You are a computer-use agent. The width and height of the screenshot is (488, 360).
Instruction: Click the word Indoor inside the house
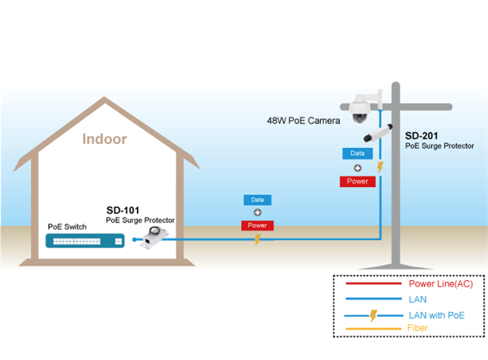105,138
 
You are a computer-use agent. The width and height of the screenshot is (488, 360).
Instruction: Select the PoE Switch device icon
85,240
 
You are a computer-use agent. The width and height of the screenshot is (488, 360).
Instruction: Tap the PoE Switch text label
66,226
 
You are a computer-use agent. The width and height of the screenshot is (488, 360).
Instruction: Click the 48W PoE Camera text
303,120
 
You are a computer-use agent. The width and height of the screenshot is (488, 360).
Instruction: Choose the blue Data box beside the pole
358,153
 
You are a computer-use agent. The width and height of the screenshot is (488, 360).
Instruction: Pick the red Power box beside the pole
358,182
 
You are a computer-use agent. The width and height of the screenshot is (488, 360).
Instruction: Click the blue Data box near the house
258,199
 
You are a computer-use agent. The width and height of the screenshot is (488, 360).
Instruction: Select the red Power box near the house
258,226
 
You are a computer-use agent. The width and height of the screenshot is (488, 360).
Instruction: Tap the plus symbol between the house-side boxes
258,213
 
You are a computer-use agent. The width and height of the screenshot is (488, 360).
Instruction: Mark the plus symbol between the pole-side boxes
358,168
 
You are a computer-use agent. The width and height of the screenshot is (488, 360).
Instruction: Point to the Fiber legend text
418,328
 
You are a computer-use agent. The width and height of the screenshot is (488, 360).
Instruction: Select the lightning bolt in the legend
372,314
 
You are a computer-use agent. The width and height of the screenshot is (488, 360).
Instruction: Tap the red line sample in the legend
372,284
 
